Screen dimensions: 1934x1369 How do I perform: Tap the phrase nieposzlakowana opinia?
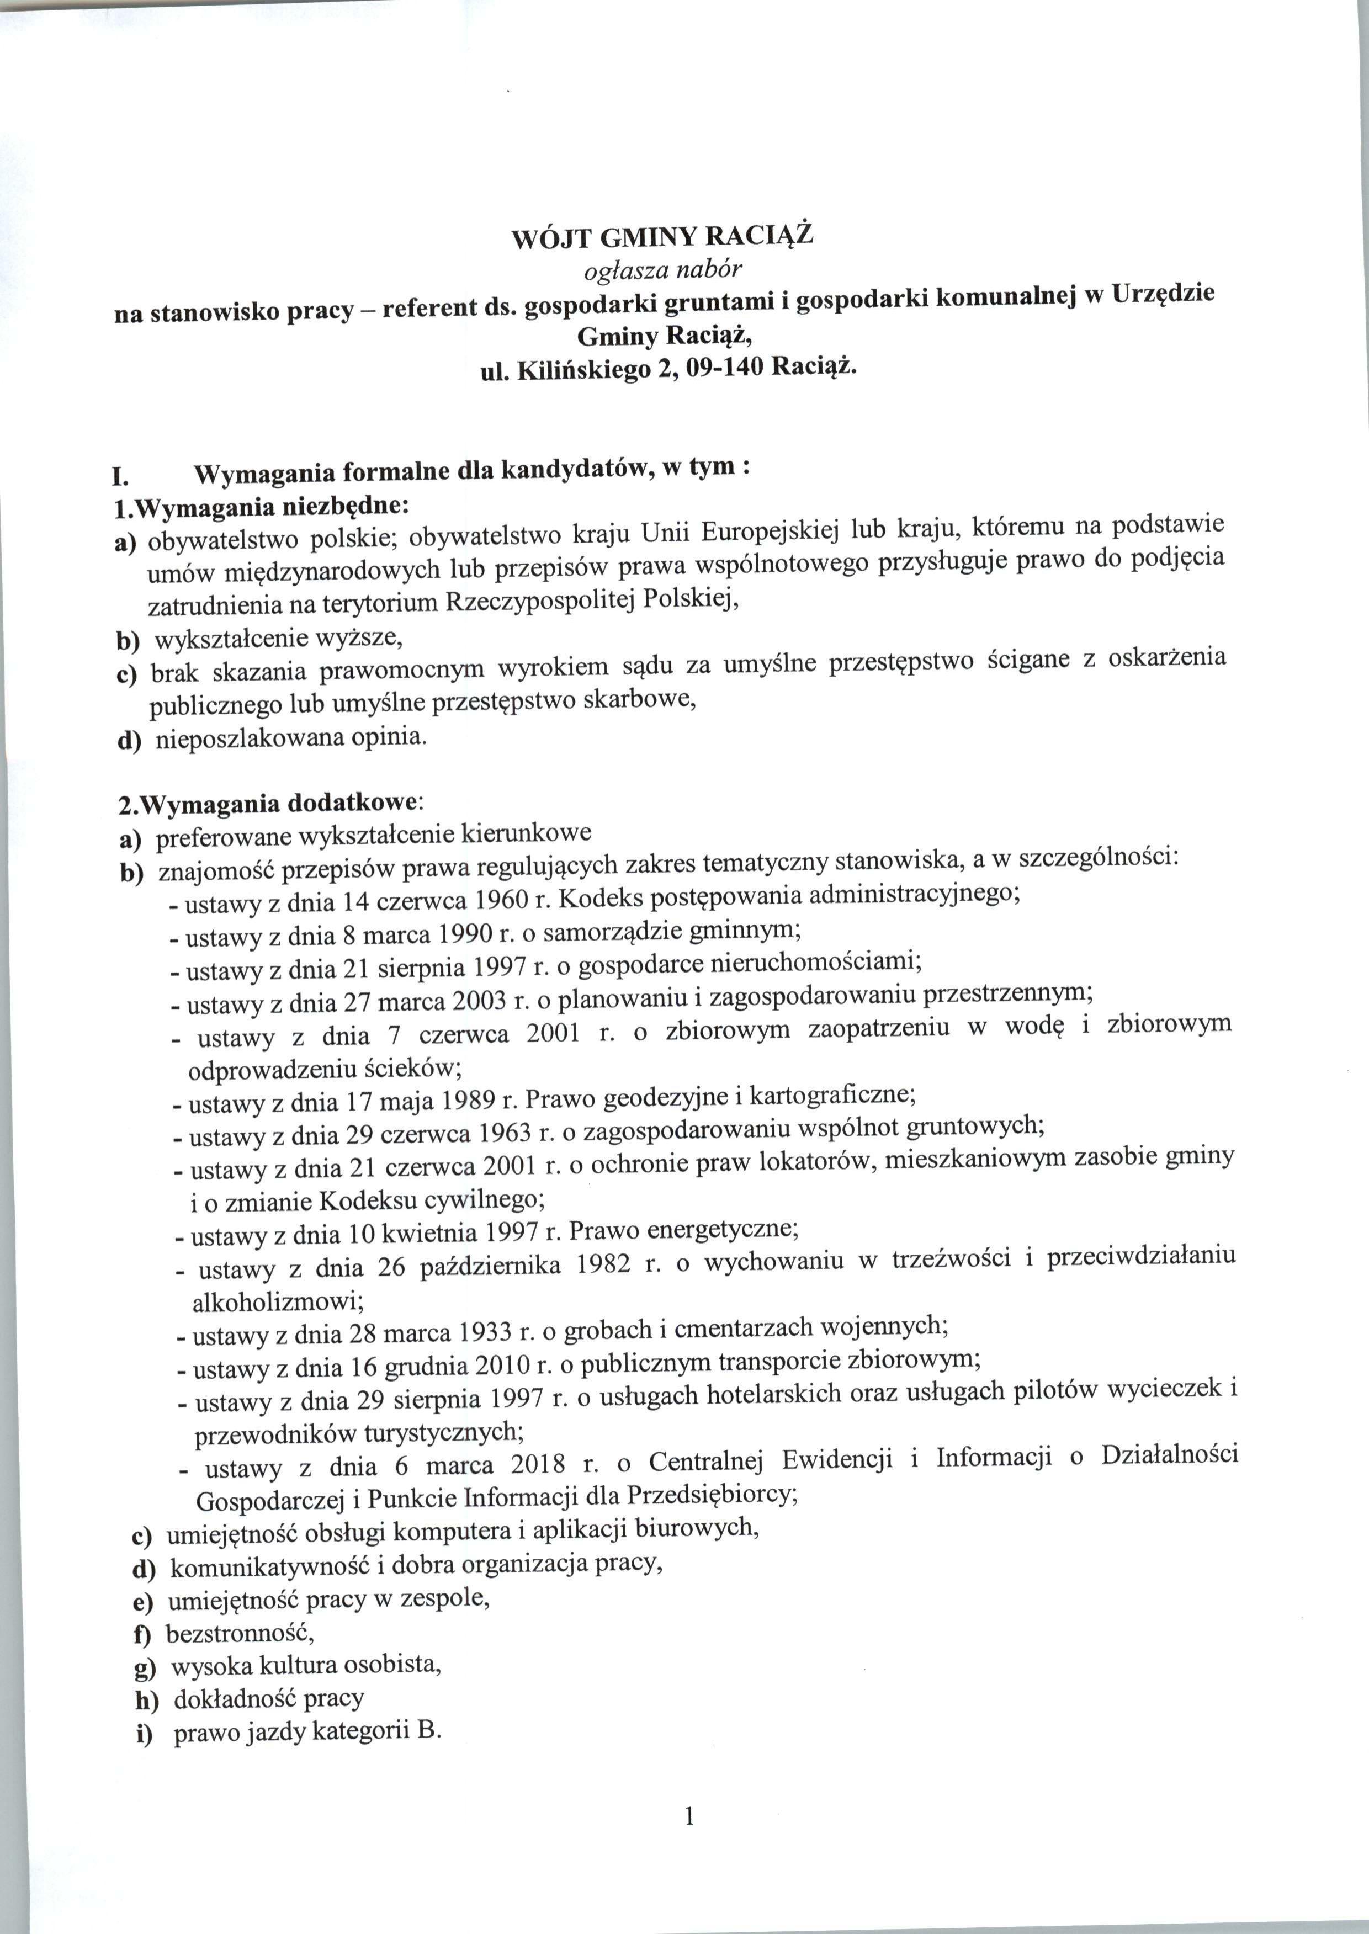click(x=291, y=738)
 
